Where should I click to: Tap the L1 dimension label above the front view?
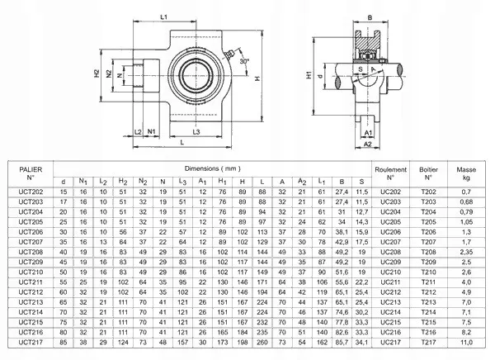[163, 17]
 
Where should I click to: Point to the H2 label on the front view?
[97, 74]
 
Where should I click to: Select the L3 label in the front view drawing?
[196, 133]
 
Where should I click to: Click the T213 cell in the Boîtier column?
[428, 301]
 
